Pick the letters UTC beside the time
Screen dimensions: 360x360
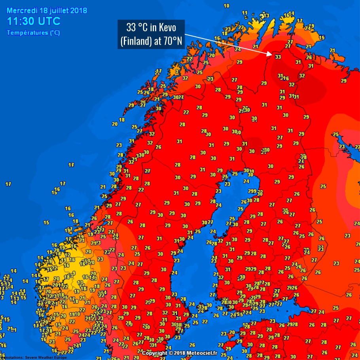point(50,21)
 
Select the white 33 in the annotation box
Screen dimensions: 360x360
point(131,28)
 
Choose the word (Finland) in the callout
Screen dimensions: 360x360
point(135,41)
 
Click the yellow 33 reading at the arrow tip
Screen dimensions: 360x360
point(278,57)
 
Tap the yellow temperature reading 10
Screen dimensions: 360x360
point(226,6)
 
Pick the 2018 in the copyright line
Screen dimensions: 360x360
point(182,353)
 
